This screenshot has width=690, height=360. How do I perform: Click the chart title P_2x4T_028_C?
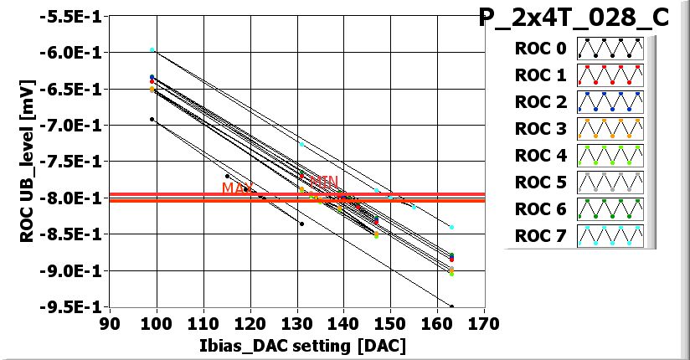tap(574, 18)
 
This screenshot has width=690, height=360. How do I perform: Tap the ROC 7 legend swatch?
tap(610, 235)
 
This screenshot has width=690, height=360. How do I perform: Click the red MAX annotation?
tap(238, 188)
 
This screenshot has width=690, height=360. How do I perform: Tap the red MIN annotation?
tap(324, 181)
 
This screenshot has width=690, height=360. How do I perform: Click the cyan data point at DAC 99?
tap(152, 50)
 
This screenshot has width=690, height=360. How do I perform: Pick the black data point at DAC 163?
tap(451, 307)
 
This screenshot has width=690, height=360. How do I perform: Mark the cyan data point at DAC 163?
tap(451, 227)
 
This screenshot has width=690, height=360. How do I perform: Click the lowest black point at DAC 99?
tap(152, 120)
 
